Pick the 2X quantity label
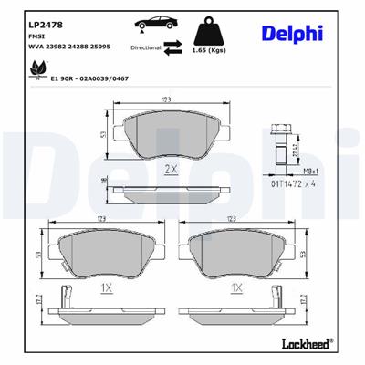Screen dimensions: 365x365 coord(170,171)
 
